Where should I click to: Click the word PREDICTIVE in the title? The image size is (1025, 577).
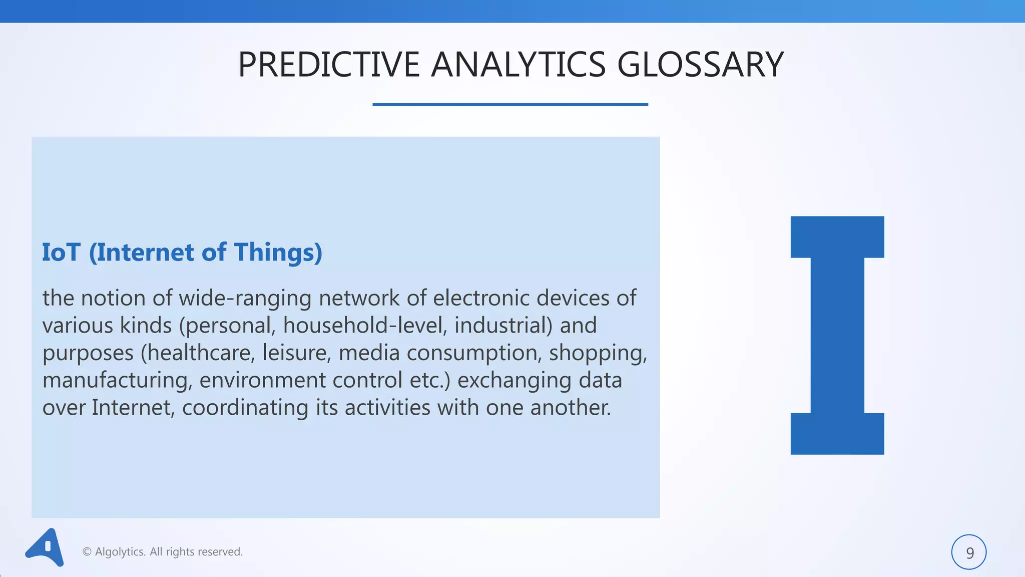[328, 65]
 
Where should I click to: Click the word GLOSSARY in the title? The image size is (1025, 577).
[700, 65]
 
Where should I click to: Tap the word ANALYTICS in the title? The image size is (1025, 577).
[518, 65]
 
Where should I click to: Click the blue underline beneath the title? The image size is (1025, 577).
[510, 104]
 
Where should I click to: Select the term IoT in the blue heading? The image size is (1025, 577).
[61, 252]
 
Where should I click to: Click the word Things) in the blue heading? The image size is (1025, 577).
[278, 253]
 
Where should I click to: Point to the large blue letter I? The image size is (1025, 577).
[837, 335]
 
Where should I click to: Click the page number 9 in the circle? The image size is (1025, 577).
[969, 552]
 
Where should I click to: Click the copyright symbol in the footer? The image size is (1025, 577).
[87, 552]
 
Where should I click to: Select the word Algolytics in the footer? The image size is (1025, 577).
[120, 552]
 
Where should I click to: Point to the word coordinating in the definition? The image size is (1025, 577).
[245, 408]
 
